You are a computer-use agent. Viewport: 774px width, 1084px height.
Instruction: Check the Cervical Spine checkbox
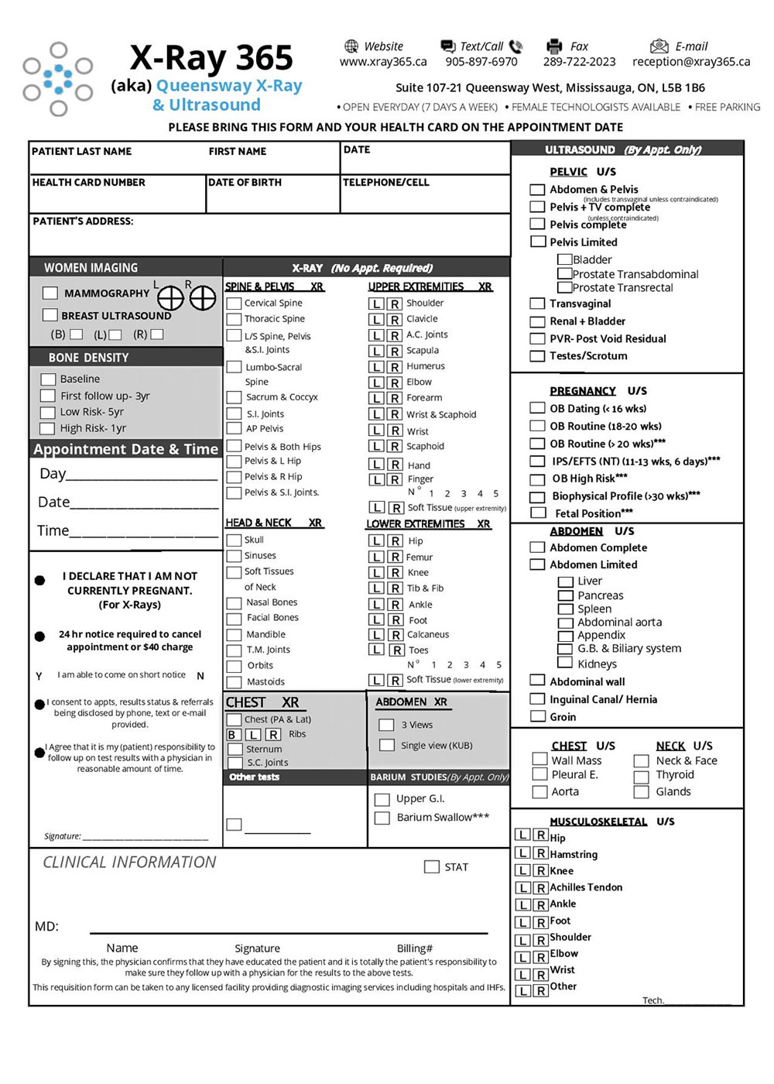pyautogui.click(x=234, y=304)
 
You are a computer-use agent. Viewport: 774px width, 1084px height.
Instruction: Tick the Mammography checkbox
pyautogui.click(x=50, y=293)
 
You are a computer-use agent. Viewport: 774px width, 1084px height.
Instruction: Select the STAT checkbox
pyautogui.click(x=432, y=867)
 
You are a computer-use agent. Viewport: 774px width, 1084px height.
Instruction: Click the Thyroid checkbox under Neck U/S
pyautogui.click(x=641, y=776)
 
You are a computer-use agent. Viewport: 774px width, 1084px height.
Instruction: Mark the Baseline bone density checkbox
pyautogui.click(x=48, y=379)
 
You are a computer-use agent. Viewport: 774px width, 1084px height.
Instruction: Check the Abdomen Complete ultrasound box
pyautogui.click(x=537, y=547)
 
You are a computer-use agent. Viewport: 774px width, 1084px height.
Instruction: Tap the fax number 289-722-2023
pyautogui.click(x=579, y=62)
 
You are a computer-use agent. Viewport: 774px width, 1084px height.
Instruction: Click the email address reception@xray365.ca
pyautogui.click(x=691, y=62)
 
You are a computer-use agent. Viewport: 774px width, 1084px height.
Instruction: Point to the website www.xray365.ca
pyautogui.click(x=383, y=62)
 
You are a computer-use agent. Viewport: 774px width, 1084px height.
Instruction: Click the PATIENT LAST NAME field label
pyautogui.click(x=82, y=152)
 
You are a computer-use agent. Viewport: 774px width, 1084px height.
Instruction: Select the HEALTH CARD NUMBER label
pyautogui.click(x=89, y=183)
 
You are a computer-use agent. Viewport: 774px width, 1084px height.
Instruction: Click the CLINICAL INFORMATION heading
pyautogui.click(x=129, y=863)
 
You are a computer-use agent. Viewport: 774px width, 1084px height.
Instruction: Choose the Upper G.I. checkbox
pyautogui.click(x=382, y=799)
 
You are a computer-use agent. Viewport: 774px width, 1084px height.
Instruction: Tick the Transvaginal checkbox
pyautogui.click(x=537, y=304)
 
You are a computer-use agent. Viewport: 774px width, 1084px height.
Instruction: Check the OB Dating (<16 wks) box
pyautogui.click(x=537, y=409)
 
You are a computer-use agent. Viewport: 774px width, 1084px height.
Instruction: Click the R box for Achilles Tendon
pyautogui.click(x=541, y=888)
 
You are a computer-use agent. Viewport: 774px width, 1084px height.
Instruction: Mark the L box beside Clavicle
pyautogui.click(x=377, y=320)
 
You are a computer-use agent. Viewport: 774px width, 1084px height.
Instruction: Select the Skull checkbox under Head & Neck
pyautogui.click(x=234, y=540)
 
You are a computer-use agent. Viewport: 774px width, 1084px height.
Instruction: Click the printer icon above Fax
pyautogui.click(x=554, y=46)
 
